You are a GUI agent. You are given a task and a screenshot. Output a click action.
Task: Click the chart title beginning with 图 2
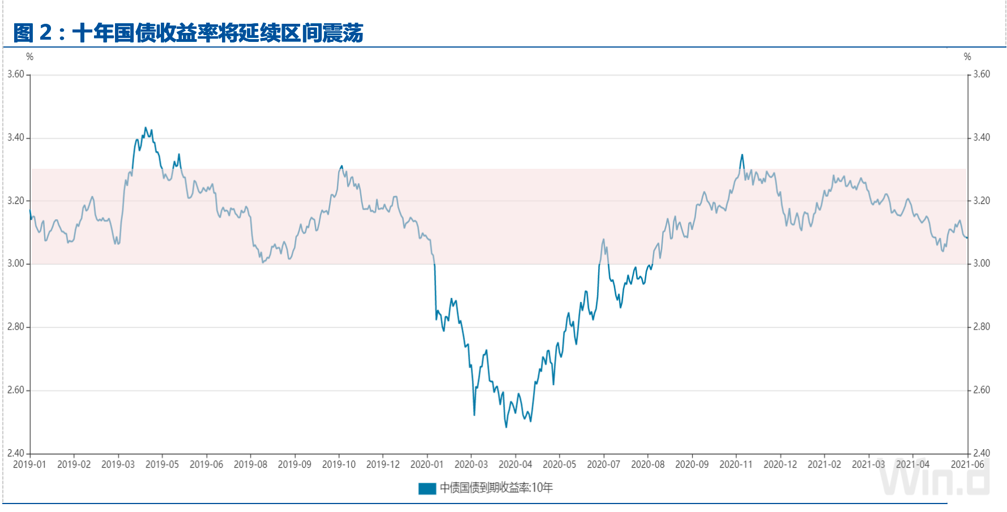[188, 33]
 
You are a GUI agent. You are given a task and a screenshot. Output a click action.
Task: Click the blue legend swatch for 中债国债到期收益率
[427, 488]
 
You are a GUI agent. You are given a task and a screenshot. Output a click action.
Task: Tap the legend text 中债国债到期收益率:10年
[496, 488]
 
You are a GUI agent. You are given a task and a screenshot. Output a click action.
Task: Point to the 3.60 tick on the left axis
[15, 74]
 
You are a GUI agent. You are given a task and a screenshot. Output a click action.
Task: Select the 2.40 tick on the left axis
[15, 453]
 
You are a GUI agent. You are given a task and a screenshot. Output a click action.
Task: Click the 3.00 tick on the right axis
[982, 263]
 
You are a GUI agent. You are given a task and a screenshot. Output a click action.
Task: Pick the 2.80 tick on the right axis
[982, 327]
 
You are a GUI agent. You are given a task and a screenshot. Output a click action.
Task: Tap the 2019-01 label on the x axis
[29, 464]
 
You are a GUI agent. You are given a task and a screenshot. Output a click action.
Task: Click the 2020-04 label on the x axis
[515, 464]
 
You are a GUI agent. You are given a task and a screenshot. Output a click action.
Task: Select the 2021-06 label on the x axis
[967, 464]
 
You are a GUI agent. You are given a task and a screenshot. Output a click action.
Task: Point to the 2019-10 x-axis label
[339, 464]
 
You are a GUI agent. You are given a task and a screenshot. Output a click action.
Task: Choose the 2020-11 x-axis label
[736, 464]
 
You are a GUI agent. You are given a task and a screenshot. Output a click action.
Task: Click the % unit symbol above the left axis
[30, 57]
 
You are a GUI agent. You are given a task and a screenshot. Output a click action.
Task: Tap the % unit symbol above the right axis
[967, 57]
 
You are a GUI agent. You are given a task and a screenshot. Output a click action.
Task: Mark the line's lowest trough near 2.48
[506, 426]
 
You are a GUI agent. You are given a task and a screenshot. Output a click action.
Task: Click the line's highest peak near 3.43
[146, 128]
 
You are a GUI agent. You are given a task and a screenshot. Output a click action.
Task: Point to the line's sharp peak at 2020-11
[742, 155]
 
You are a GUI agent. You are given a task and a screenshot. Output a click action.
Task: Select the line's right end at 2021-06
[967, 237]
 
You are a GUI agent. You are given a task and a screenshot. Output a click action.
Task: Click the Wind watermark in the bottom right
[935, 479]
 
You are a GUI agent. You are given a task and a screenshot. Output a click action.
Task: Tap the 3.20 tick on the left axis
[15, 200]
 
